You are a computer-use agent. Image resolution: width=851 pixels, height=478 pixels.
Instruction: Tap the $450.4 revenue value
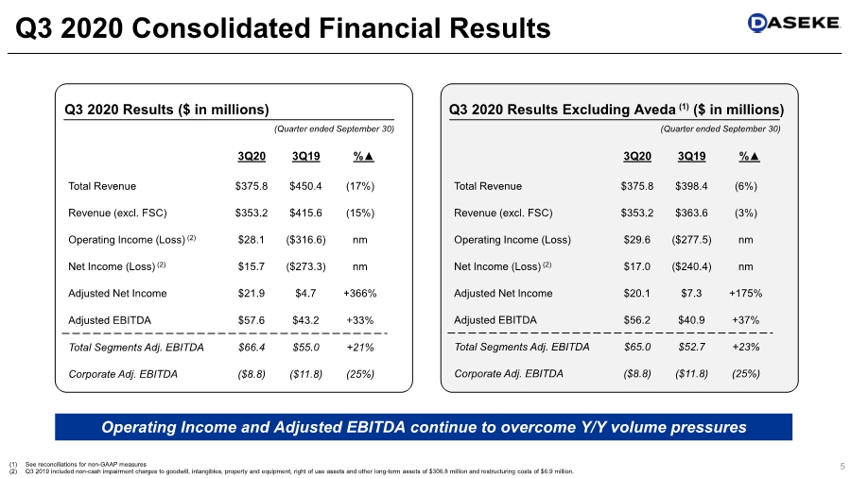tap(306, 186)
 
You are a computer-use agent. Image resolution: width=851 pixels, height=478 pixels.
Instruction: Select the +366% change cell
tap(359, 294)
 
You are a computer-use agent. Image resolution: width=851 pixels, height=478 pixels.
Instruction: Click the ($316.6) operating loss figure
tap(306, 240)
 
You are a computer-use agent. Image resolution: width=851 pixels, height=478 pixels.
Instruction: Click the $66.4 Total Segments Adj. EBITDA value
tap(252, 347)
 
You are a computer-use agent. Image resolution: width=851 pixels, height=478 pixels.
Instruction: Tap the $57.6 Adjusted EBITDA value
tap(252, 320)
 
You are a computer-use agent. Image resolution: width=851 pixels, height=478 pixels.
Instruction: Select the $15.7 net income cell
tap(252, 266)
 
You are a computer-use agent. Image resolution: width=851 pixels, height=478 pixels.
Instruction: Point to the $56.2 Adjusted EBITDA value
tap(638, 320)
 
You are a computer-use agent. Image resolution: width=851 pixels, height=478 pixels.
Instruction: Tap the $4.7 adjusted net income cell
tap(306, 294)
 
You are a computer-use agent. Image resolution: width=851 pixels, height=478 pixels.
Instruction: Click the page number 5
tap(841, 465)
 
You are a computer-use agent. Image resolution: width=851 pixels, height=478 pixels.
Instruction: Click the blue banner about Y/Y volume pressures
tap(424, 427)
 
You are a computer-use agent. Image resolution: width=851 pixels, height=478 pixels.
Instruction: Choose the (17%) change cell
tap(359, 186)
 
